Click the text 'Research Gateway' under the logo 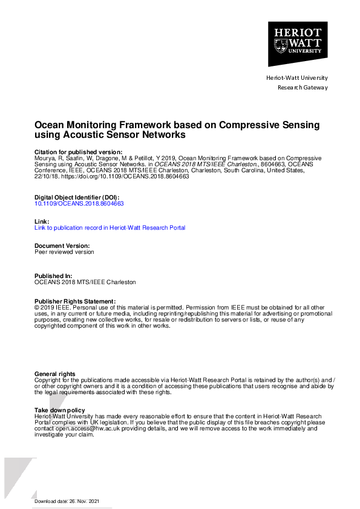click(303, 88)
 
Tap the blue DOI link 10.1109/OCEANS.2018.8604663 click(79, 204)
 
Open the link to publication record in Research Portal click(110, 228)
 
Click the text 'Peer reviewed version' click(64, 252)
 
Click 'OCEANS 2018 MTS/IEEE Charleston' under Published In click(85, 282)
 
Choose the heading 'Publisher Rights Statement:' click(75, 301)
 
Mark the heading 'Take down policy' click(60, 410)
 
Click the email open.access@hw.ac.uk click(80, 429)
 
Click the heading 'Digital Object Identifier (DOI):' click(77, 198)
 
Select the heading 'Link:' click(41, 222)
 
